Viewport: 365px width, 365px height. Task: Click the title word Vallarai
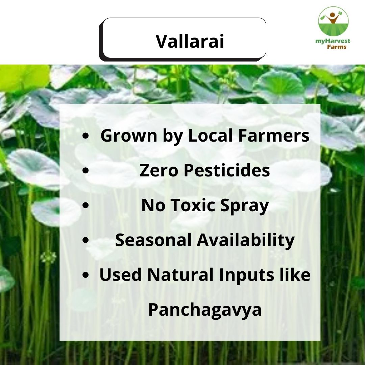click(190, 41)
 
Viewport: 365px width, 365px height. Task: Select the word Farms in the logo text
click(337, 47)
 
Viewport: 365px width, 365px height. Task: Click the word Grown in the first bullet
click(124, 136)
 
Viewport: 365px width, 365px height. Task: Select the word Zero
click(156, 171)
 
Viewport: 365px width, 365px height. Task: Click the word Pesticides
click(227, 171)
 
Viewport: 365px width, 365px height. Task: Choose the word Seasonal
click(154, 240)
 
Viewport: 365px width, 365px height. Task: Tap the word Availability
click(246, 241)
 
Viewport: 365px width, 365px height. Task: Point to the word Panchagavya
click(205, 310)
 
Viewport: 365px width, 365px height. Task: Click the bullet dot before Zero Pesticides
click(86, 171)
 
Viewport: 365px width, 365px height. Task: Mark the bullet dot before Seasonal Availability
click(86, 240)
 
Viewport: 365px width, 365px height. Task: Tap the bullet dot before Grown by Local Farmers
click(86, 136)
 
